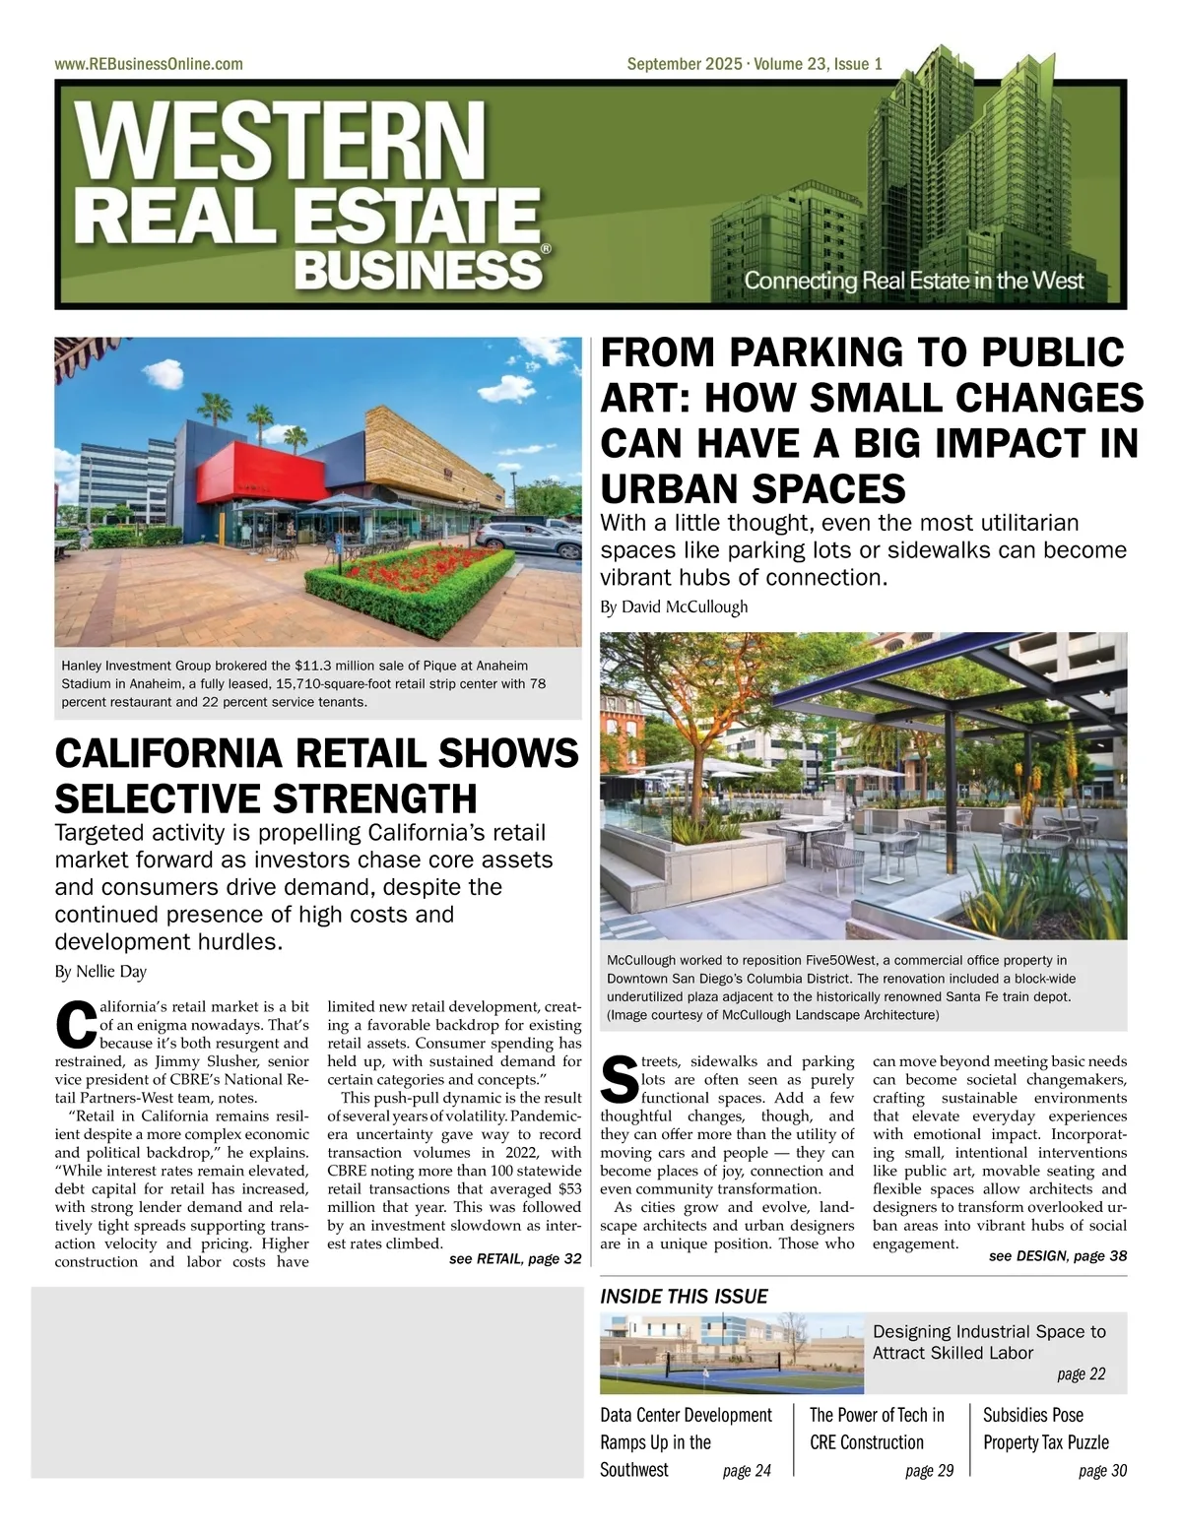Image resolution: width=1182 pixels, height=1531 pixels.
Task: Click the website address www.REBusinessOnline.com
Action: (149, 64)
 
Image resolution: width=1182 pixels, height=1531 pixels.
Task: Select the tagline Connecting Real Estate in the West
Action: (913, 281)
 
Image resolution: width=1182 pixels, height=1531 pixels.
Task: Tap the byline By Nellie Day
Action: (100, 972)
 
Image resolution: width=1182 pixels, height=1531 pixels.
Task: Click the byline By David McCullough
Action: (674, 606)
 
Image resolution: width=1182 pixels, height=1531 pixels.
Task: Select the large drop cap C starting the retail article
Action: (76, 1025)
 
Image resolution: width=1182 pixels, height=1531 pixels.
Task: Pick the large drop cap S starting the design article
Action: (620, 1080)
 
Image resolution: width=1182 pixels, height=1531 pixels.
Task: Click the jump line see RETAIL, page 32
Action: (515, 1259)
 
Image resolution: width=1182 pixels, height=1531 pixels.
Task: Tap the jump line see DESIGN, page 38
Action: (1058, 1255)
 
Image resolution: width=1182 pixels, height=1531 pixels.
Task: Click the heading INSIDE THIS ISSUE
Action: (684, 1297)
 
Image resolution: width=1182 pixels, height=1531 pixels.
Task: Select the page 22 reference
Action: (1082, 1374)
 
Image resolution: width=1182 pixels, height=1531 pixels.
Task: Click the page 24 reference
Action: (747, 1471)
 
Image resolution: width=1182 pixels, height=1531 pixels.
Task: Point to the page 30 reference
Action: (1102, 1471)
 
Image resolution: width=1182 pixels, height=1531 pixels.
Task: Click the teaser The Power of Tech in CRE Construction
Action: (876, 1429)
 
